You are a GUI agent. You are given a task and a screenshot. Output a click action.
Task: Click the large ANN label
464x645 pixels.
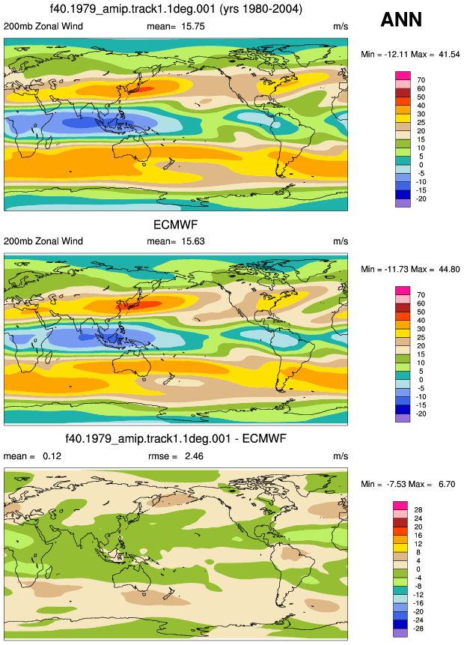click(x=401, y=19)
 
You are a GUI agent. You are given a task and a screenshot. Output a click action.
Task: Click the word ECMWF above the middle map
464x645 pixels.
click(x=175, y=225)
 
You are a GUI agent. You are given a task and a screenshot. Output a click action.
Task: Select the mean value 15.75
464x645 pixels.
click(x=193, y=26)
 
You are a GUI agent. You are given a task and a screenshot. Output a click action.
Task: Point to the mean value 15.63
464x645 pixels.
click(x=193, y=241)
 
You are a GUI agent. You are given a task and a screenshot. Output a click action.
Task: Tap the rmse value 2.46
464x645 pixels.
click(x=194, y=455)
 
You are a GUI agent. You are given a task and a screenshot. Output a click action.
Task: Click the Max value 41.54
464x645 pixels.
click(x=449, y=54)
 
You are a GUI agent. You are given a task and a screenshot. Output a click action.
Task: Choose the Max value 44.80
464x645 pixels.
click(x=449, y=269)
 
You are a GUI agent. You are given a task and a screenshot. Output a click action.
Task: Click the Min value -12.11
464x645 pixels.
click(x=395, y=54)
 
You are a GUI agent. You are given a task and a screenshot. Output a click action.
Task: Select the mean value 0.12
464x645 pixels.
click(x=52, y=455)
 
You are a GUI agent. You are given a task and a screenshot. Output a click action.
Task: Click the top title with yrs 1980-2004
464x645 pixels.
click(x=176, y=9)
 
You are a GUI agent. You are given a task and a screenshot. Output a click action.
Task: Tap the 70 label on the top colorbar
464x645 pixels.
click(x=421, y=80)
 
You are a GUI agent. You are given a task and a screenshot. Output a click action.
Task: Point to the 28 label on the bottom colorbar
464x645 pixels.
click(x=418, y=509)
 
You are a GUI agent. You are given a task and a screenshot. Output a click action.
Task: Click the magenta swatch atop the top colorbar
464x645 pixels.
click(x=403, y=76)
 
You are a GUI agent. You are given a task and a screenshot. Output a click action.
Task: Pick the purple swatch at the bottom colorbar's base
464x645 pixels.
click(x=400, y=633)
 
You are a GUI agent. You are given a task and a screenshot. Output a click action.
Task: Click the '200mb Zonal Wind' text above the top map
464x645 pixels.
click(x=43, y=26)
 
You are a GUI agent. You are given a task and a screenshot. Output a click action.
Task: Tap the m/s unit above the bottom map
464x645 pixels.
click(x=341, y=456)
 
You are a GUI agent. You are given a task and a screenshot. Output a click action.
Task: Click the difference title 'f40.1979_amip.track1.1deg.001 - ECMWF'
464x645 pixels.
click(x=176, y=438)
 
